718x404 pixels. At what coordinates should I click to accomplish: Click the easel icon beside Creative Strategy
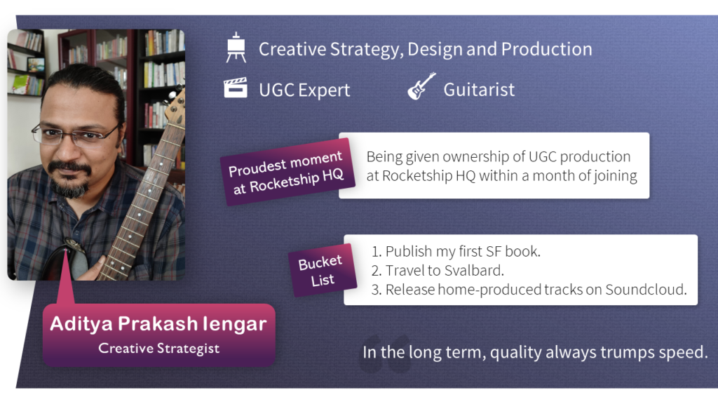pos(236,47)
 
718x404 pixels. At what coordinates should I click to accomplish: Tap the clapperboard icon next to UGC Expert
pos(236,88)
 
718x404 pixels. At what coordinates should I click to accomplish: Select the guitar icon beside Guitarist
pos(421,86)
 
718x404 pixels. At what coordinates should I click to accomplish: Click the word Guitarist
pos(479,89)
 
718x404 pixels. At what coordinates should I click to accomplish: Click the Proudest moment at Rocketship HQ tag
pos(287,172)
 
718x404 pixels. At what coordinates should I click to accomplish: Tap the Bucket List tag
pos(322,270)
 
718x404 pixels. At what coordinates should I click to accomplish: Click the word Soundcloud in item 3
pos(646,290)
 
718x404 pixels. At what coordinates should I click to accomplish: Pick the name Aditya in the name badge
pos(81,324)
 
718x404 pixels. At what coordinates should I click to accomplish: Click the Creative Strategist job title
pos(159,348)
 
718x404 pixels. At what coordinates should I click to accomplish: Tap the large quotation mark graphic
pos(385,353)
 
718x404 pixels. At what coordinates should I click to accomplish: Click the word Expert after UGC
pos(324,90)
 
